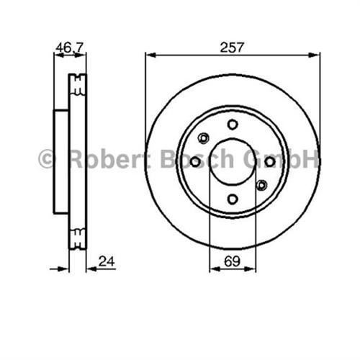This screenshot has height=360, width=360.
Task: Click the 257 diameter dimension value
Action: point(233,47)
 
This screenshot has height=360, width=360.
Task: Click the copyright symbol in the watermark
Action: point(46,159)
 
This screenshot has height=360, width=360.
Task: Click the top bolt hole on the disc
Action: point(232,125)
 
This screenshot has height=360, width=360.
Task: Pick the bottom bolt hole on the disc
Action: point(232,199)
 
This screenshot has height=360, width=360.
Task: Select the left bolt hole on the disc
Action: point(195,162)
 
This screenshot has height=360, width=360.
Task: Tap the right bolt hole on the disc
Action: point(269,162)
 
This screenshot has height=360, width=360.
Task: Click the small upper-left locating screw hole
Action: point(204,138)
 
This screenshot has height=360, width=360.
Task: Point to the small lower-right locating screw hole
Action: point(261,186)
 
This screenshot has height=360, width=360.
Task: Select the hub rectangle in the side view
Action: point(60,162)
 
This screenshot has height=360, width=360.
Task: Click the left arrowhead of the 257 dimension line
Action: point(149,55)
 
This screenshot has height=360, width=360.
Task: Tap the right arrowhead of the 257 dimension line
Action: point(315,55)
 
